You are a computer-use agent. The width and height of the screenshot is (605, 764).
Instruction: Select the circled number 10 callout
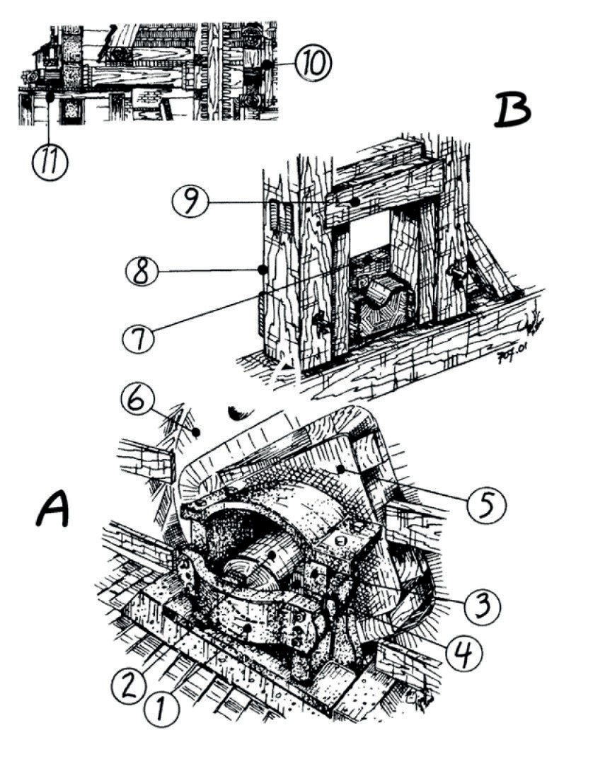[311, 64]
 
